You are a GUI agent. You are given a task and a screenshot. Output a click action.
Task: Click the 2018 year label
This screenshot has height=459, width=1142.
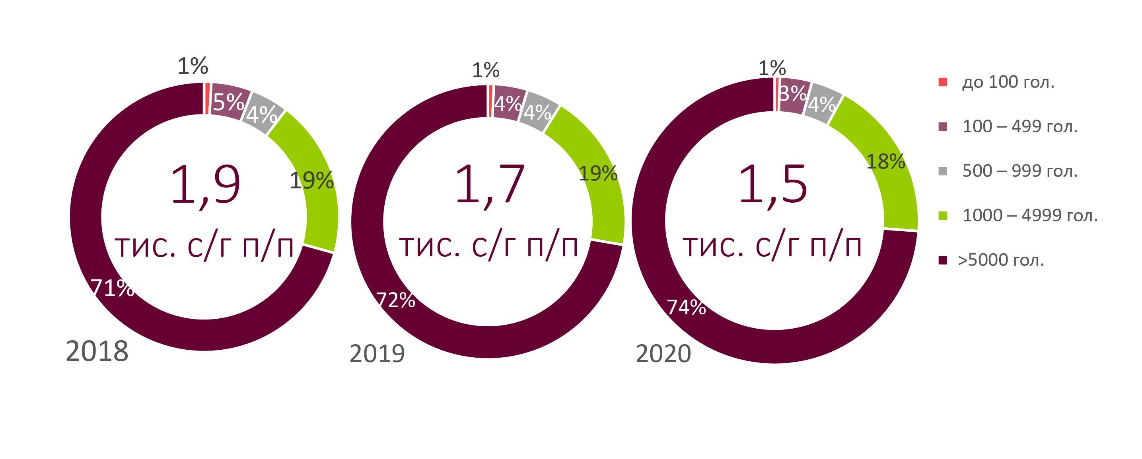coord(97,351)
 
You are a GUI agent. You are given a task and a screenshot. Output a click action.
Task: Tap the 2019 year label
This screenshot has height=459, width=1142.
coord(377,354)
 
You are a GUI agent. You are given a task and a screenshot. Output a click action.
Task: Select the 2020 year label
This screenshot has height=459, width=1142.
coord(663,354)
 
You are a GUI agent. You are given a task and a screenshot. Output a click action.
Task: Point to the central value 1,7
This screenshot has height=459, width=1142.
coord(489,185)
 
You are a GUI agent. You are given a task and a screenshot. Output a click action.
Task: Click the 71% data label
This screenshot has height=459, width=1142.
coord(112,289)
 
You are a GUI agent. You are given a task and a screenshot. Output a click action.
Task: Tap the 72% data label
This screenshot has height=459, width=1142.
coord(395,300)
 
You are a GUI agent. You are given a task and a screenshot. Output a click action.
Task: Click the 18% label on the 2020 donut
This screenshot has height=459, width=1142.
coord(885,162)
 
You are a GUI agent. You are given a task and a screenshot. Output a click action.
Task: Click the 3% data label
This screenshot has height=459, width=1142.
coord(793,93)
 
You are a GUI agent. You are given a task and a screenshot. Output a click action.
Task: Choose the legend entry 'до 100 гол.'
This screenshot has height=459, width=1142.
coord(1008,82)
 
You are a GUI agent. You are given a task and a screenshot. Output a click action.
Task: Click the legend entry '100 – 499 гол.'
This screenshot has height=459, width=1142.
coord(1019,127)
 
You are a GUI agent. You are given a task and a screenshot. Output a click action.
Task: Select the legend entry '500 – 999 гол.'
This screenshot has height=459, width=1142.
coord(1019,171)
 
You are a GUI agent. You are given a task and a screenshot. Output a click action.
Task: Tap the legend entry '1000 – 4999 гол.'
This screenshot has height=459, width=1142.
coord(1030,216)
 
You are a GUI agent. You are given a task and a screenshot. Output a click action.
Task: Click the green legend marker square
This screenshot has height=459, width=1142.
coord(943,216)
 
